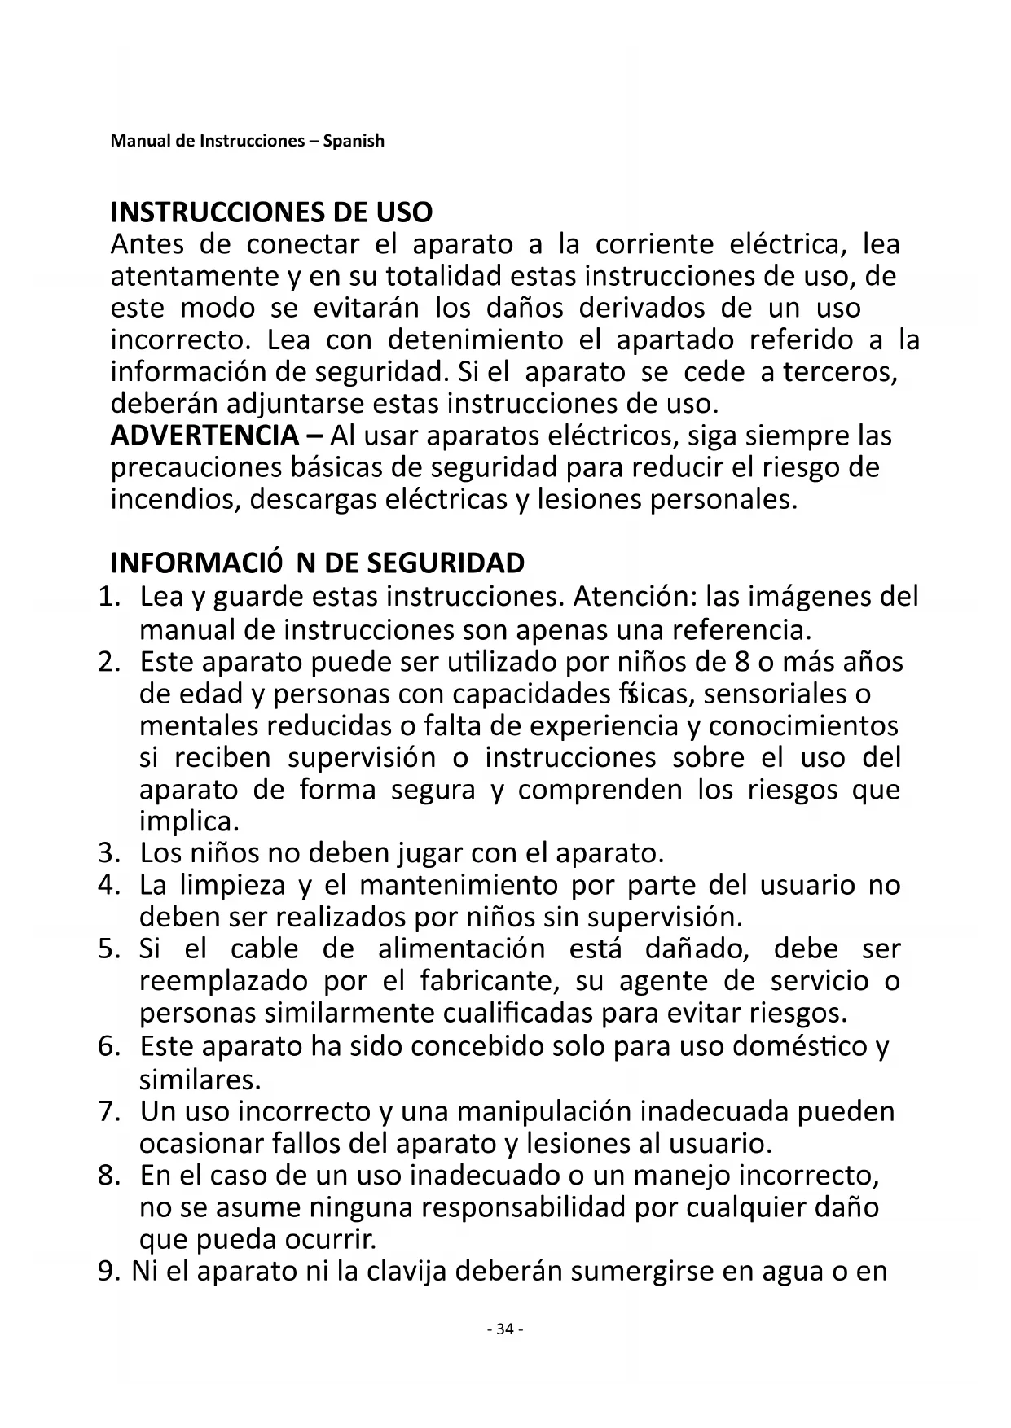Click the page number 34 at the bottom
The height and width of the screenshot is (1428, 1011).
pos(504,1329)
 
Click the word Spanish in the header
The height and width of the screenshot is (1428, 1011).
pos(354,141)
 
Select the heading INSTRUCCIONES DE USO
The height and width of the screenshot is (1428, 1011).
pos(271,212)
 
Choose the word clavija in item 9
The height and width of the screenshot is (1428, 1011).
pos(406,1272)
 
